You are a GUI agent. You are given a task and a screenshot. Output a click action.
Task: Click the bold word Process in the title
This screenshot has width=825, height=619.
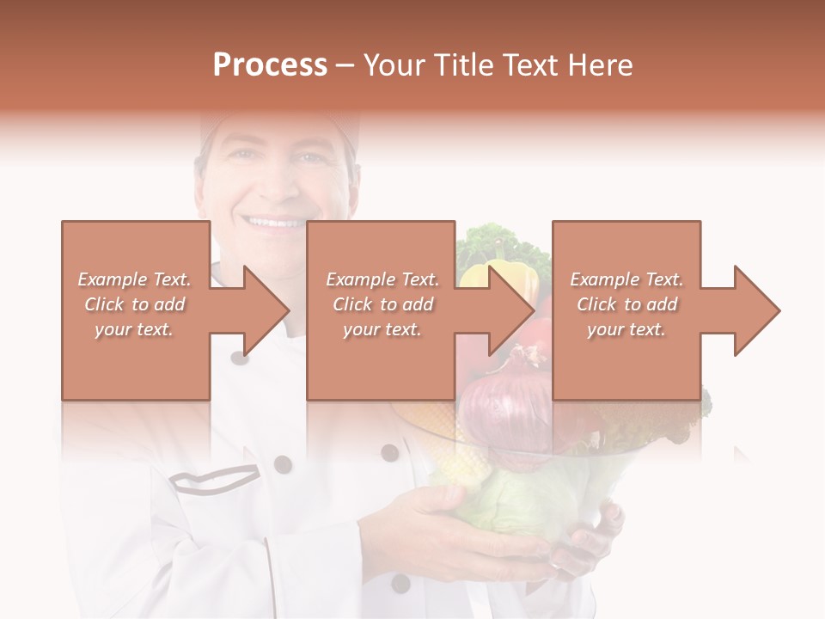click(x=270, y=65)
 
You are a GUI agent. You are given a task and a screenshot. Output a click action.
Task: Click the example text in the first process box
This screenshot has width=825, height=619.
click(x=134, y=304)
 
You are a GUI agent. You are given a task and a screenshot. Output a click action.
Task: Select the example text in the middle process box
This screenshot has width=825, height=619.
click(x=382, y=304)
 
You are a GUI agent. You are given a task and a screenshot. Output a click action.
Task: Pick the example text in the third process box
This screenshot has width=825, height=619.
click(x=626, y=304)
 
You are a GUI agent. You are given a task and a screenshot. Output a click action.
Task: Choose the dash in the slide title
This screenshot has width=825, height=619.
click(x=345, y=65)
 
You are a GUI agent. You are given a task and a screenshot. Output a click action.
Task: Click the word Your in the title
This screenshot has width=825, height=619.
click(x=394, y=65)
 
